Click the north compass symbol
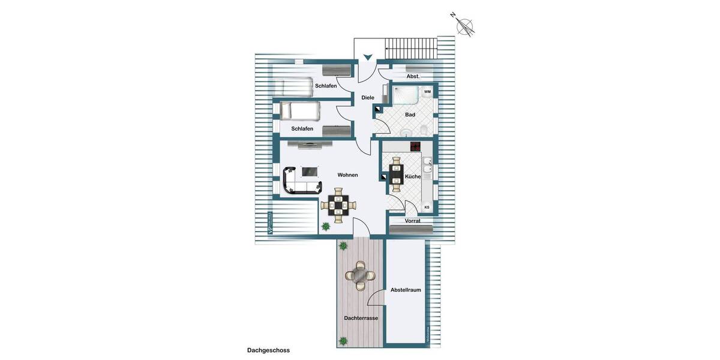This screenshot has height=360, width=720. coord(464,25)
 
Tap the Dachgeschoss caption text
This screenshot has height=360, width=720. coord(268,350)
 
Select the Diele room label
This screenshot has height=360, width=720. coord(368,97)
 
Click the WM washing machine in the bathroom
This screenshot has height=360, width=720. coord(427,92)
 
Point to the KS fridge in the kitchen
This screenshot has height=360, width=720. coord(427,208)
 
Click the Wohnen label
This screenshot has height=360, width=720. coord(347,175)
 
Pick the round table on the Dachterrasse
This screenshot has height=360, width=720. coord(359,275)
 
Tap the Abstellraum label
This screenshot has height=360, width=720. coord(406,290)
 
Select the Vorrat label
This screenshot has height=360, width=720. coord(412,221)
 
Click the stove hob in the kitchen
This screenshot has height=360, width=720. coord(416,146)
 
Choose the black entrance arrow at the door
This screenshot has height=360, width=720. coord(367,58)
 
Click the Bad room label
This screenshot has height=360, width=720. coord(410,115)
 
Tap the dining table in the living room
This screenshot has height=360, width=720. coord(339,206)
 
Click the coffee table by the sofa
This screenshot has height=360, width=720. coord(310,172)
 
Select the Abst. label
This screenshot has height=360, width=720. coord(413,77)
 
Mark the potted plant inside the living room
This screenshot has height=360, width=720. coord(326,227)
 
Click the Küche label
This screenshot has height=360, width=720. coord(413,176)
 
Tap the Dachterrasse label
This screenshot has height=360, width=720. coord(361,318)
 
